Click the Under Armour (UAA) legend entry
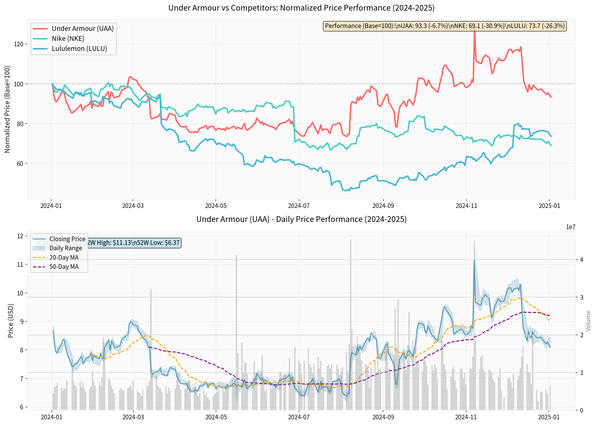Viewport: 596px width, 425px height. tap(83, 29)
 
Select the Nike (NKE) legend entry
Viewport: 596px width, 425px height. tap(68, 39)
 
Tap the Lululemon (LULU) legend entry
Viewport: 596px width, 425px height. tap(79, 49)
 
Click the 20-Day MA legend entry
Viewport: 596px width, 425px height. tap(64, 257)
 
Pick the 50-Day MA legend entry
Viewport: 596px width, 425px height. tap(64, 267)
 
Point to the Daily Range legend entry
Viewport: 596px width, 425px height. tap(66, 248)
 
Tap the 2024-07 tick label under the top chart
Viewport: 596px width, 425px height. tap(299, 206)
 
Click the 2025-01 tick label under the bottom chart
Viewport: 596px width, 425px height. tap(549, 417)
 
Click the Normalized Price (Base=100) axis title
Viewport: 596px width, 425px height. tap(7, 109)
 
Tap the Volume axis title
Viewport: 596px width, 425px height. tap(588, 321)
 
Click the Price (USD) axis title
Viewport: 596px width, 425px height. tap(11, 321)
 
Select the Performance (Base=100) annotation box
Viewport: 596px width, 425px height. tap(445, 26)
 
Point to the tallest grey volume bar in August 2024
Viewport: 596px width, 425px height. tap(351, 325)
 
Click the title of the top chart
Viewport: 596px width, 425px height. tap(301, 8)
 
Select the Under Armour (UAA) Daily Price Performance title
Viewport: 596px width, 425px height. tap(301, 219)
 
